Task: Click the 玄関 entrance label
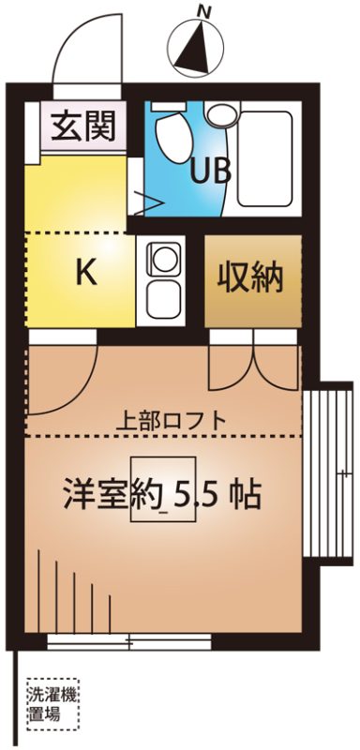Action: point(83,126)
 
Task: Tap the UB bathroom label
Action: point(210,172)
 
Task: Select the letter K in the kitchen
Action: point(86,273)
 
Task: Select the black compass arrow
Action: point(194,49)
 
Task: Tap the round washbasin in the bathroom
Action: point(222,114)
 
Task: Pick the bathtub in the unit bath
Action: point(265,158)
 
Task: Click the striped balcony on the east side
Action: point(328,472)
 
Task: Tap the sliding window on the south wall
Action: point(129,641)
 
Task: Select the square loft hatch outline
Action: point(163,489)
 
